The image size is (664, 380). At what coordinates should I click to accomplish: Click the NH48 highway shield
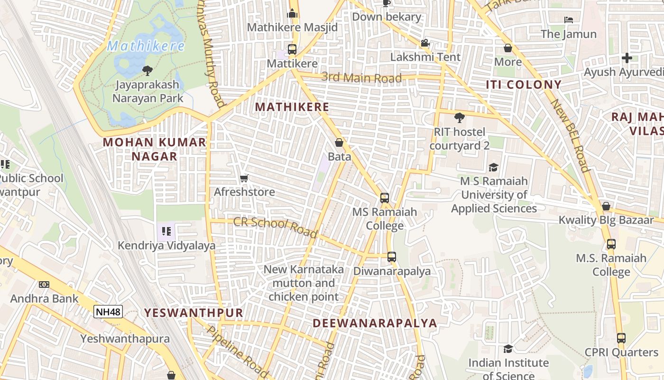coord(108,312)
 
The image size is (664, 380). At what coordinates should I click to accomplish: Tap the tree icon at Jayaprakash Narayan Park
coord(148,71)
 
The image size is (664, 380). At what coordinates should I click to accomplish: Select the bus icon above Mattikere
coord(292,49)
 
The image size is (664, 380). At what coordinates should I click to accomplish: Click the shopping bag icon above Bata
coord(339,142)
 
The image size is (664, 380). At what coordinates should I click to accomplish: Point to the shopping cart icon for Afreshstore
coord(244,179)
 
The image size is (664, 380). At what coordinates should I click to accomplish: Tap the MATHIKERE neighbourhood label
coord(292,107)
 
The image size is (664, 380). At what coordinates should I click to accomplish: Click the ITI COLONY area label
coord(524,85)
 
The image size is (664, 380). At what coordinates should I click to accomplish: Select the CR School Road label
coord(275,227)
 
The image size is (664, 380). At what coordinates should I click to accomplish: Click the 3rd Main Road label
coord(361,77)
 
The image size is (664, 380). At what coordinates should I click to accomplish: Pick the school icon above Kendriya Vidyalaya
coord(166,231)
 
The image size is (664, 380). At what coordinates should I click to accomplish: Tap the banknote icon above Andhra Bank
coord(44,285)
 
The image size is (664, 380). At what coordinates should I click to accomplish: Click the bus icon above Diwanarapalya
coord(391,257)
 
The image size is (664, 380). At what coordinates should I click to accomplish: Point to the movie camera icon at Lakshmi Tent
coord(425,43)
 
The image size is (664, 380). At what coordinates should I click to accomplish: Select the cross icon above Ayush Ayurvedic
coord(627,58)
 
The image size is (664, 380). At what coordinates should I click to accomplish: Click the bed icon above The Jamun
coord(569,20)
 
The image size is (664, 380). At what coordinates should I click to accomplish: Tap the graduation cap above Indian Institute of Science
coord(508,349)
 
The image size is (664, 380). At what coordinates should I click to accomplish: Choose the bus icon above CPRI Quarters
coord(621,338)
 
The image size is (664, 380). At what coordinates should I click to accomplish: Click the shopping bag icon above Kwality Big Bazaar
coord(606,206)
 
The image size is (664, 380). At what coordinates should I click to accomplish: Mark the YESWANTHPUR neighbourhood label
coord(194,313)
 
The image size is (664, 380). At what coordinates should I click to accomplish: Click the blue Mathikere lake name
coord(146,46)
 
